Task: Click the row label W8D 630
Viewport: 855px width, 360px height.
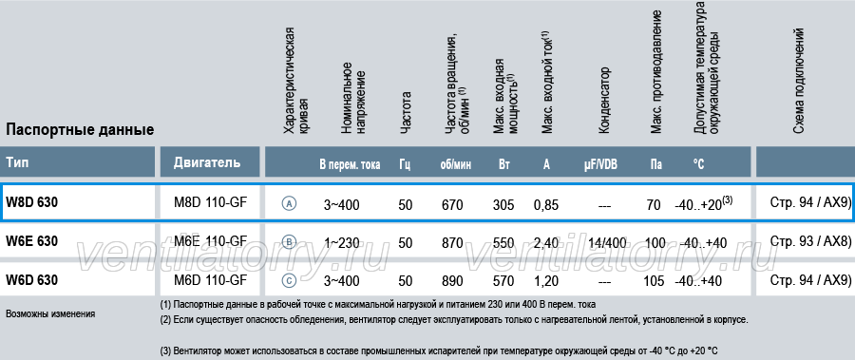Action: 31,202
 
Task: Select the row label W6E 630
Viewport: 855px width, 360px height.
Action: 31,241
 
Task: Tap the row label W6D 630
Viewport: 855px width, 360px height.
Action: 31,280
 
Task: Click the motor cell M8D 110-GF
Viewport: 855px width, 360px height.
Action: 210,202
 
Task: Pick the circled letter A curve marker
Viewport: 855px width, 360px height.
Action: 290,204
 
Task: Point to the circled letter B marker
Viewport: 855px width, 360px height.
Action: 290,242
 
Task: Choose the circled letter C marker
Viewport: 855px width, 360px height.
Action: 290,281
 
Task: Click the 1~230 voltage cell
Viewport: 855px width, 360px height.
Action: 342,243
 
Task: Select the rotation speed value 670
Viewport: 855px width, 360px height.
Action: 452,205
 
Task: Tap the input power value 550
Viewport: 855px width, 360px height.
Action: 503,243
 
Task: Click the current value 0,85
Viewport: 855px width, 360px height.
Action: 546,205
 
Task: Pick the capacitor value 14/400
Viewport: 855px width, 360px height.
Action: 607,243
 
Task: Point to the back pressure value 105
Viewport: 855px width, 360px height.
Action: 654,281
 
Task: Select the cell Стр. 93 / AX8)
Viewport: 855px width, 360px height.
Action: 810,240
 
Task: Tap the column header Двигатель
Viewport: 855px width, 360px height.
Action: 207,162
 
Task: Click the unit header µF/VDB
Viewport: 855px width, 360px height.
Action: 599,164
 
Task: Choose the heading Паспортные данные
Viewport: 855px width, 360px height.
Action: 80,130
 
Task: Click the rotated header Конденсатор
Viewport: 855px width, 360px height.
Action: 604,100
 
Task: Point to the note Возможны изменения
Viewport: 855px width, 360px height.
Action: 50,314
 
